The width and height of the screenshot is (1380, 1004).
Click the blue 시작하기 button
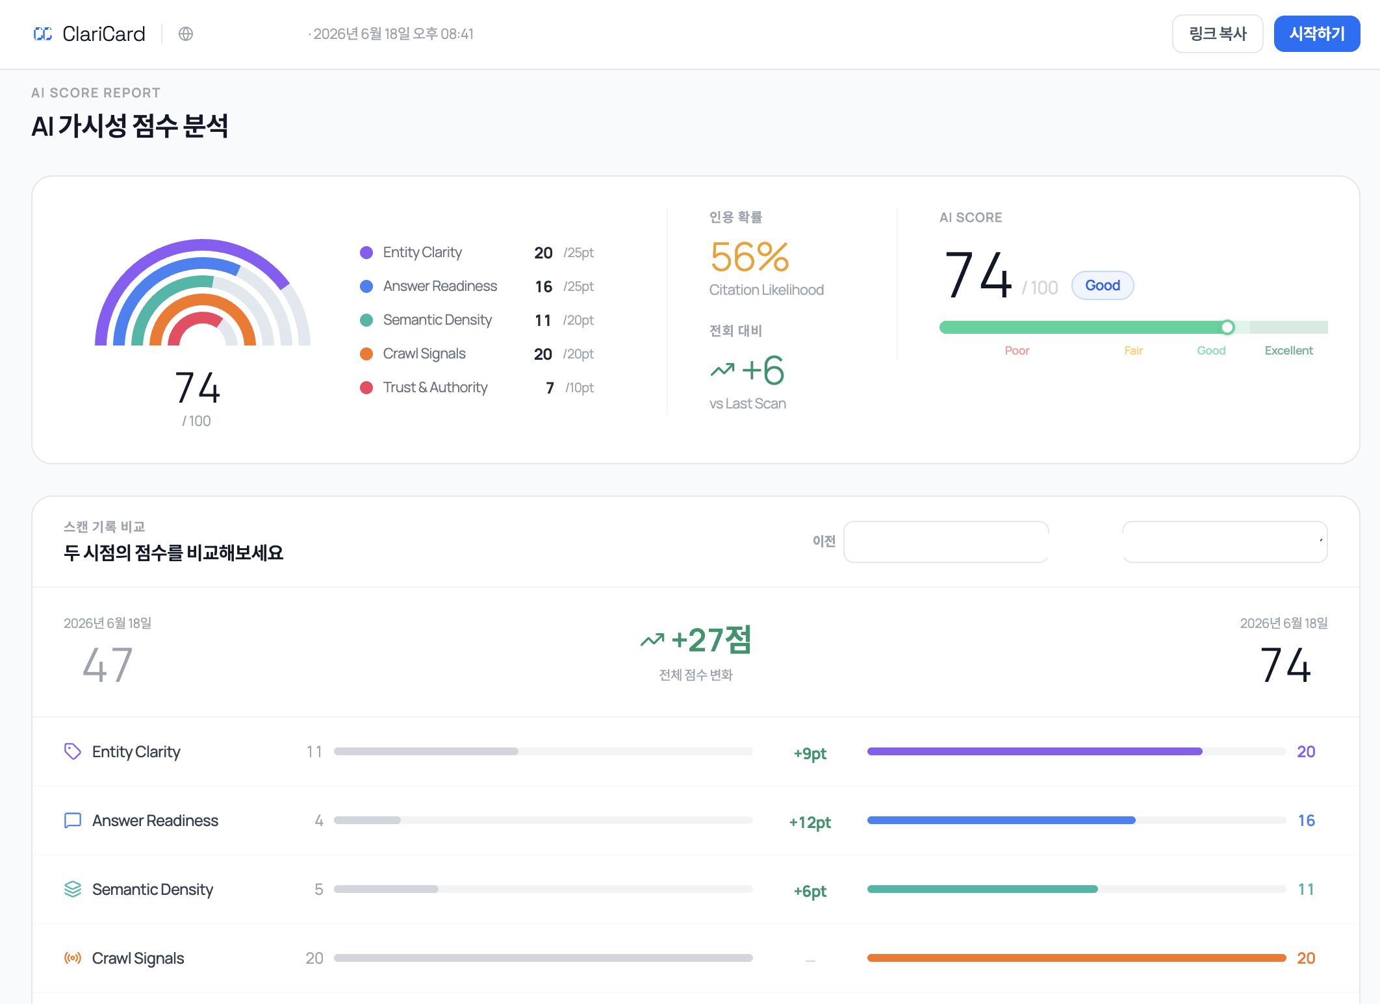(1316, 34)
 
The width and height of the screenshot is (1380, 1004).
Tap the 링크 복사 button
(1218, 34)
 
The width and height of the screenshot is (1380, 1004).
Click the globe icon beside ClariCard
(186, 34)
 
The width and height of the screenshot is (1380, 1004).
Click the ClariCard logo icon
(43, 34)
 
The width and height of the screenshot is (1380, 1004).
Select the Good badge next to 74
(1103, 286)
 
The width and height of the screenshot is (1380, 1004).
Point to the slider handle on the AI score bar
(1227, 327)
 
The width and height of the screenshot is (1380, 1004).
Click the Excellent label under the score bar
(1288, 351)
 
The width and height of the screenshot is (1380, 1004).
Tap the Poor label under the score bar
(1017, 351)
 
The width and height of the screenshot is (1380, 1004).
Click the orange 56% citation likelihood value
(750, 257)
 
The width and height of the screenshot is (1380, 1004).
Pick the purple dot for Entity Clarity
(366, 253)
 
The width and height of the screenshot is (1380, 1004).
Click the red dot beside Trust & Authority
(366, 388)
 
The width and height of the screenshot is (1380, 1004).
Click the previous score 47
(108, 665)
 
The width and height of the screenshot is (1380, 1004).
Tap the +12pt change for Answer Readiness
(810, 822)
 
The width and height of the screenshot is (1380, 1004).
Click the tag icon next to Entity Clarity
(73, 751)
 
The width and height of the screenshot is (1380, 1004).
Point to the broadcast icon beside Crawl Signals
(73, 958)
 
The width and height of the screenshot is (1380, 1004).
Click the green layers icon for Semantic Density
(73, 889)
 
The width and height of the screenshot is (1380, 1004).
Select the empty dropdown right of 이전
(946, 542)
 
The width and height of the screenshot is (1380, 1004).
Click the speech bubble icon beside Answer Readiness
(73, 820)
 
